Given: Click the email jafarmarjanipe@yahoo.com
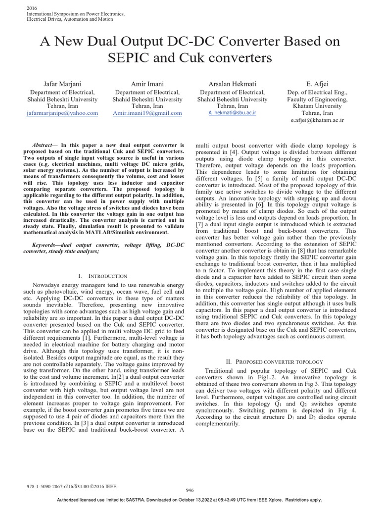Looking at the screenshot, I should (x=62, y=113).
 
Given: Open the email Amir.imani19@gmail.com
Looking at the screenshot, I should (x=148, y=113).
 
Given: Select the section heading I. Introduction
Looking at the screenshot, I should (x=103, y=276).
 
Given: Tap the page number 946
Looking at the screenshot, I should (x=190, y=490).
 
